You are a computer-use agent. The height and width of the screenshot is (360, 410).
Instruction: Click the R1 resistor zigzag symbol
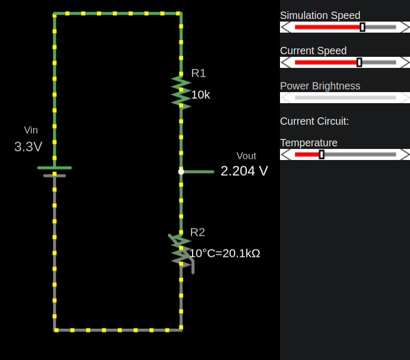click(181, 92)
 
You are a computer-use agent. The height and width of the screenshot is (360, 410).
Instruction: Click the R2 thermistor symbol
click(181, 250)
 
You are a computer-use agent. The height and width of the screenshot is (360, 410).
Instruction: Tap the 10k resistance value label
click(201, 95)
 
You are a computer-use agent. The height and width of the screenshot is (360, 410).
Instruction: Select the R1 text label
click(198, 73)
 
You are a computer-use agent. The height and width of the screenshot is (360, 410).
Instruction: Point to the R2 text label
click(197, 232)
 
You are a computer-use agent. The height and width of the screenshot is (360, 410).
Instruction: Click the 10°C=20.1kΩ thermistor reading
click(225, 253)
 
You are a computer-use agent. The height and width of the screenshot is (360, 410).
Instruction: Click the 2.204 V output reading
click(244, 171)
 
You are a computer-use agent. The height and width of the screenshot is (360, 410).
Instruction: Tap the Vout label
click(246, 156)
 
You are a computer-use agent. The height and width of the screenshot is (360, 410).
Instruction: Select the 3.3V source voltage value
click(28, 147)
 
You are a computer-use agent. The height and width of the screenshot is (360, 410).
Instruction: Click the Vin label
click(31, 130)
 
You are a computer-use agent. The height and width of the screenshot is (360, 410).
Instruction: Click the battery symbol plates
click(54, 172)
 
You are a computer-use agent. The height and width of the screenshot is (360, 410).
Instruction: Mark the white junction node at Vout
click(181, 172)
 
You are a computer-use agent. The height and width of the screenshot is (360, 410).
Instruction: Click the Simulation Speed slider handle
click(363, 27)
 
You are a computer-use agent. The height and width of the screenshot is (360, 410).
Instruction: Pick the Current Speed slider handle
click(359, 62)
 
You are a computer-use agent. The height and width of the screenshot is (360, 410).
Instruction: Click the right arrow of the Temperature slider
click(404, 154)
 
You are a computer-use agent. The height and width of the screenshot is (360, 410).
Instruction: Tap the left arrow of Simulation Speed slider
click(286, 27)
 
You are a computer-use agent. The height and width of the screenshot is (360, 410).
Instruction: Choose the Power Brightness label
click(320, 86)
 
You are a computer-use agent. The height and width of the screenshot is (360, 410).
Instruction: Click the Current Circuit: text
click(314, 121)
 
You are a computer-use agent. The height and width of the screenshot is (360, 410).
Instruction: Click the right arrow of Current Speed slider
click(404, 62)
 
